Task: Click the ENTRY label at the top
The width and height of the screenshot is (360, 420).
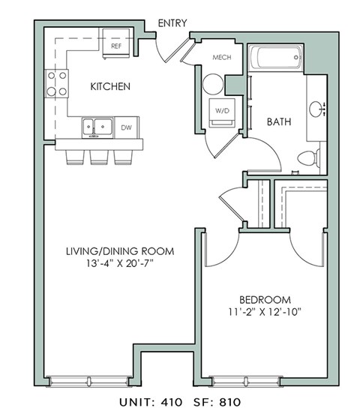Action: coord(172,23)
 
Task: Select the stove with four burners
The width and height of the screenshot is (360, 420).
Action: coord(57,82)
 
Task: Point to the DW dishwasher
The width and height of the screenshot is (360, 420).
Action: coord(125,127)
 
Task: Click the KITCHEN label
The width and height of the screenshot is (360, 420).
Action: coord(110,86)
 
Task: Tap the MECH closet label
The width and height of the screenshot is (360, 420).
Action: coord(220,57)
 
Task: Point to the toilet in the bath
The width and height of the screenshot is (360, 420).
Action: coord(308,157)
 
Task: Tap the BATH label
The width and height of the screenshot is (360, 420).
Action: coord(280,121)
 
